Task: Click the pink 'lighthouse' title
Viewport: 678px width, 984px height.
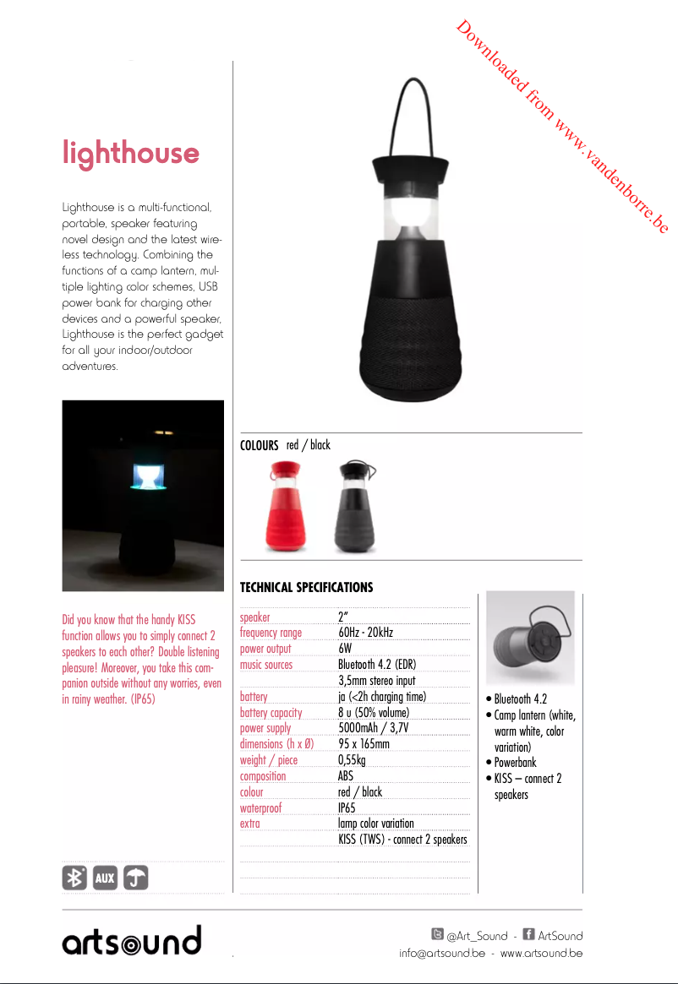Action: click(x=131, y=154)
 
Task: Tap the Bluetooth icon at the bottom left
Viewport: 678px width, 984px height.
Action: click(x=74, y=878)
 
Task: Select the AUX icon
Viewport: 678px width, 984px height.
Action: click(x=105, y=878)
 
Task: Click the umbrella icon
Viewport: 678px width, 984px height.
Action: click(x=135, y=878)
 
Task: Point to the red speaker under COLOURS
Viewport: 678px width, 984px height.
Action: click(x=286, y=506)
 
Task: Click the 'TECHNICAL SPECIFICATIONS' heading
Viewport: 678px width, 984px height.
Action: click(x=306, y=587)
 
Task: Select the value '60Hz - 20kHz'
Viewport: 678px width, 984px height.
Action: click(x=365, y=633)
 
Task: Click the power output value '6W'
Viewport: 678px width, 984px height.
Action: click(x=345, y=649)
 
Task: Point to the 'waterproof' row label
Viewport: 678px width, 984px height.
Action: click(x=260, y=807)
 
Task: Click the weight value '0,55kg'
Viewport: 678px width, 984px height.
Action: click(x=352, y=760)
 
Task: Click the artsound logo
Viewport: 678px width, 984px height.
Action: click(x=132, y=940)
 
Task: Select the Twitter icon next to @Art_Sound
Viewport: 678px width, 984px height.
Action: click(x=437, y=934)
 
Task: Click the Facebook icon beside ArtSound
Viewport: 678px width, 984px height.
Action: click(x=528, y=934)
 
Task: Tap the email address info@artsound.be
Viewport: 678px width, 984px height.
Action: click(x=442, y=954)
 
